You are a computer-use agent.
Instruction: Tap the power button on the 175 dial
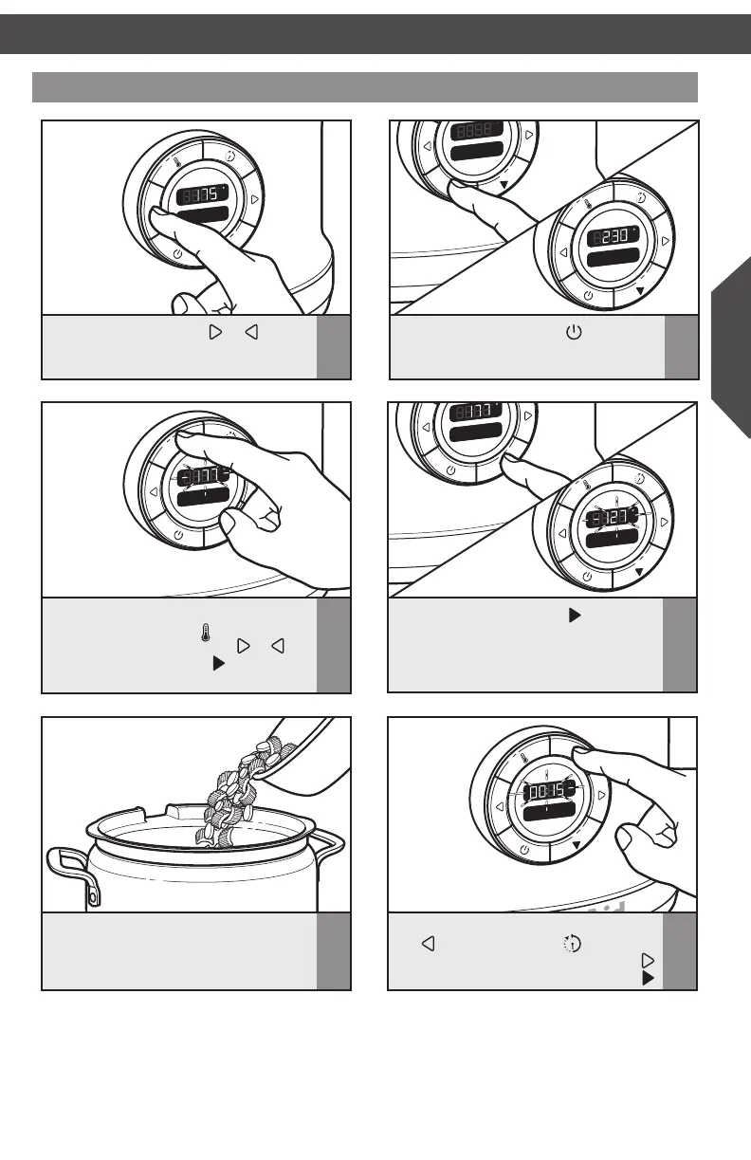pos(178,253)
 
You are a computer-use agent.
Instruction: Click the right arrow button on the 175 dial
pos(255,200)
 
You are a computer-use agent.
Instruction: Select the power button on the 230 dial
pos(589,296)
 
